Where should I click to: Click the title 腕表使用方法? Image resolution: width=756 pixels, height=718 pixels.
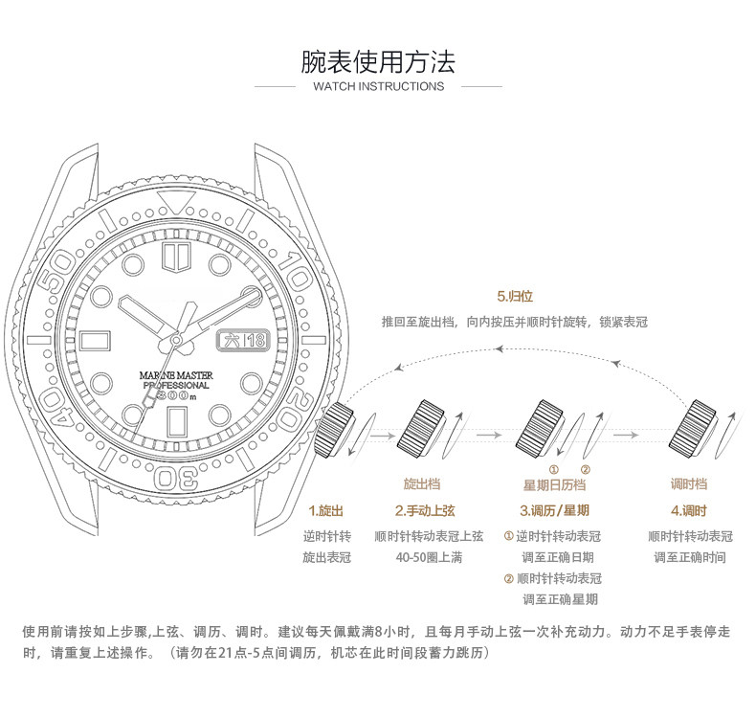tap(378, 63)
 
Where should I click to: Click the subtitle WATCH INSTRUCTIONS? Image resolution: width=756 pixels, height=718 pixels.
tap(378, 86)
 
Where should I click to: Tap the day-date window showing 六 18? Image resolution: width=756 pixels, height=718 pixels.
tap(246, 340)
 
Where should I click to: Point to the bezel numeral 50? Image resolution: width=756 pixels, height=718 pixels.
tap(59, 267)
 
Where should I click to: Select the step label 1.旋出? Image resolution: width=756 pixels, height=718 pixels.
tap(325, 510)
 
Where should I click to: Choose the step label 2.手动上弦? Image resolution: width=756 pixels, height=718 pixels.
tap(427, 510)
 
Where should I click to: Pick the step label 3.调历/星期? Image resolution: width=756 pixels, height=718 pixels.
tap(554, 510)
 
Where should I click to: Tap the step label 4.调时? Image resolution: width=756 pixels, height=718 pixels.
tap(689, 510)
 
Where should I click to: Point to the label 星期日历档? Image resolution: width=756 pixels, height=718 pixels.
tap(554, 485)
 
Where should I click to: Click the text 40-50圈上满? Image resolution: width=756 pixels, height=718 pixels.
tap(429, 557)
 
